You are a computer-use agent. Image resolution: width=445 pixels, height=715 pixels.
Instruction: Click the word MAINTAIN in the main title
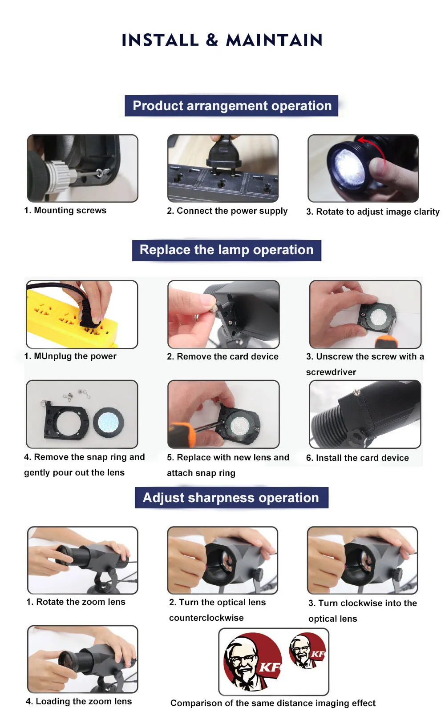(274, 40)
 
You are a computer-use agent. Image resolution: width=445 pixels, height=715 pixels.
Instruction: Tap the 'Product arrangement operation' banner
(231, 106)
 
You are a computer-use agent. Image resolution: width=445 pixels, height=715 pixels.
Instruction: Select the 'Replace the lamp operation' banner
(227, 250)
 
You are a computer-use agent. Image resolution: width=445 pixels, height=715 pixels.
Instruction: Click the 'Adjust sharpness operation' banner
(231, 498)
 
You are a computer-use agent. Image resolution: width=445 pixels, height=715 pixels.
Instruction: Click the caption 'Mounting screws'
(70, 210)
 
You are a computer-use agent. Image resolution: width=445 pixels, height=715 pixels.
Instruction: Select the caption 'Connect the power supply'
(232, 211)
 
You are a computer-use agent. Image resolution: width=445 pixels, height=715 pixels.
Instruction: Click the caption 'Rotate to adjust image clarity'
(377, 212)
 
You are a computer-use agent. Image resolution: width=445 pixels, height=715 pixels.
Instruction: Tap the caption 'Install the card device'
(362, 458)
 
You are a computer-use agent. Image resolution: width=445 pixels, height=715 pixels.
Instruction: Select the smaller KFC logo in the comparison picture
(307, 650)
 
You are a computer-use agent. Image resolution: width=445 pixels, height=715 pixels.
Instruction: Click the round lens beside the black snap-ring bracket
(109, 422)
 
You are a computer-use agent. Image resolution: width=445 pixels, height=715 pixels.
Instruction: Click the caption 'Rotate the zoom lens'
(81, 602)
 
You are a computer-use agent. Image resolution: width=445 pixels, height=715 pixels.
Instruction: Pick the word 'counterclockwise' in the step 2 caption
(206, 618)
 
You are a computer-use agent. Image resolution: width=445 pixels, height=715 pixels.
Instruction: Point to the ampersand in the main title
(212, 40)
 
